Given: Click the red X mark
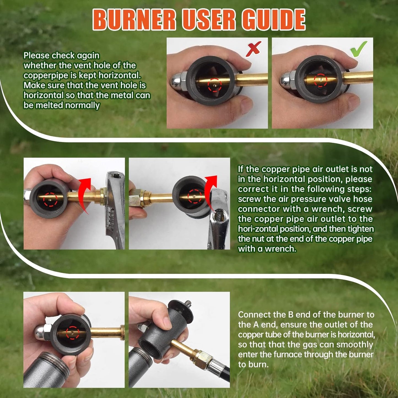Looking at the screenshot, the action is pos(253,49).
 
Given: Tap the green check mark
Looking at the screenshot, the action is pos(359,49).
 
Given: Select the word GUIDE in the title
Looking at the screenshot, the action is pos(274,20).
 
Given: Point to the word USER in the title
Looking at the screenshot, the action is pos(209,20).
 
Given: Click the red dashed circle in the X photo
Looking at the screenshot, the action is pos(215,85).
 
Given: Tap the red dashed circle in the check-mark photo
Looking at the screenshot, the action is pos(321,80).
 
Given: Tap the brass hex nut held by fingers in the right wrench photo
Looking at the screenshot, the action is pos(135,198).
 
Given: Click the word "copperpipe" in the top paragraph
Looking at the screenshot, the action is pos(45,75).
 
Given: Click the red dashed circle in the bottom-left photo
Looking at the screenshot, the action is pos(72,332).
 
